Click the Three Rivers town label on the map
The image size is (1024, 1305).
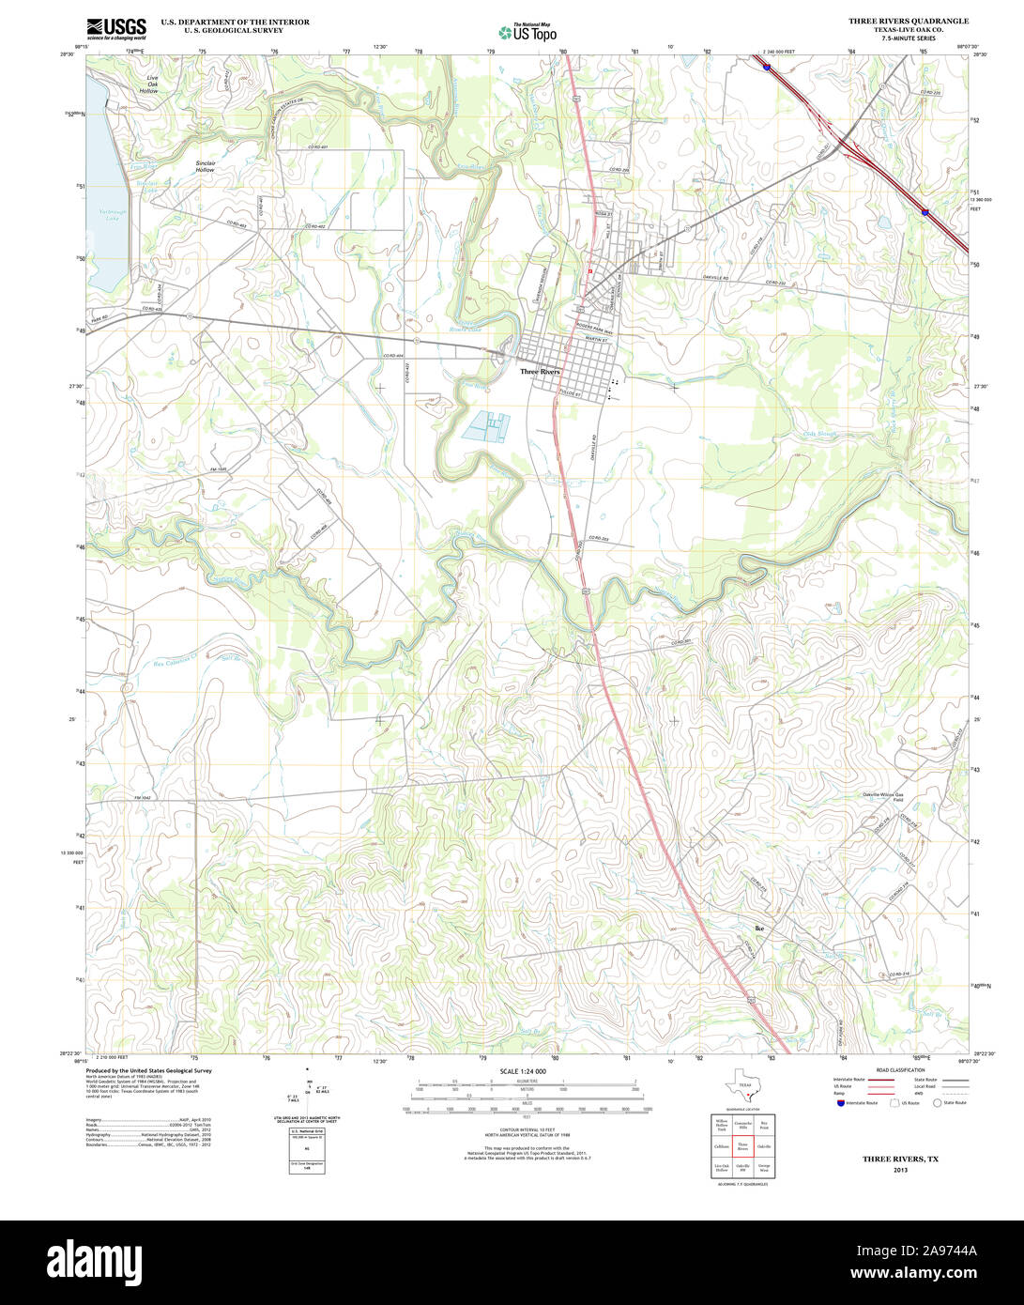click(540, 372)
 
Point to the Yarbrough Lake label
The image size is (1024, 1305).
click(112, 215)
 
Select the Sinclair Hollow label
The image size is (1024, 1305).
click(205, 166)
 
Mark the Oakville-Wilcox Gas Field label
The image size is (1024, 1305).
click(883, 795)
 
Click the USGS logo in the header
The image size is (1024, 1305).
click(115, 27)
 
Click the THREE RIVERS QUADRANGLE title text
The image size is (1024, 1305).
click(909, 21)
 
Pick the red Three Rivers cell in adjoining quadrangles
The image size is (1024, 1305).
click(742, 1146)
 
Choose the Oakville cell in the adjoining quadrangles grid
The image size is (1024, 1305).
click(764, 1146)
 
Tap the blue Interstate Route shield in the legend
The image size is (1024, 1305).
click(840, 1103)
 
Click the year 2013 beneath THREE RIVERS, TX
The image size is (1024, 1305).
click(900, 1170)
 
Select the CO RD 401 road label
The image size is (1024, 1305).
click(318, 147)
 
